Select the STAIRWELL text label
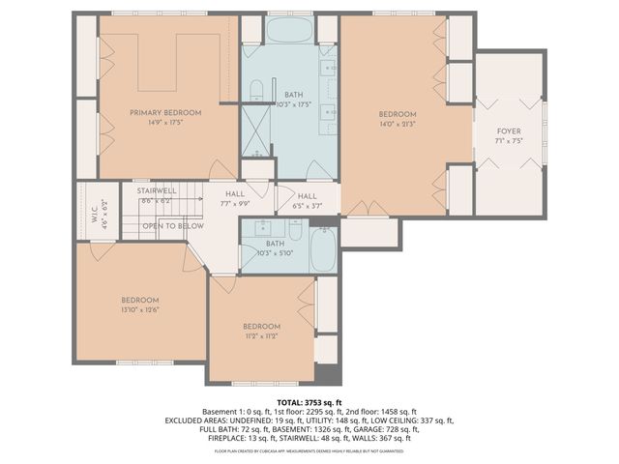156,191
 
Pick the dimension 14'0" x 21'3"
397,123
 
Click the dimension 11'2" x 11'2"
260,335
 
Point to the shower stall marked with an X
256,132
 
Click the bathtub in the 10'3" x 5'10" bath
324,250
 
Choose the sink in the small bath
258,229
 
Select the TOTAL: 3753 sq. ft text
309,402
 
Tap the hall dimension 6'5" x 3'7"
307,204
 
